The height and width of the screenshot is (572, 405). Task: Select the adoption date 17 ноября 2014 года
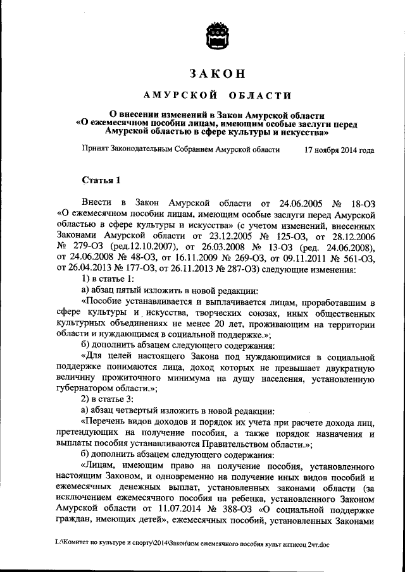(x=339, y=151)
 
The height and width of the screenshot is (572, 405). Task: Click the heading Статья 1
(x=101, y=180)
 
